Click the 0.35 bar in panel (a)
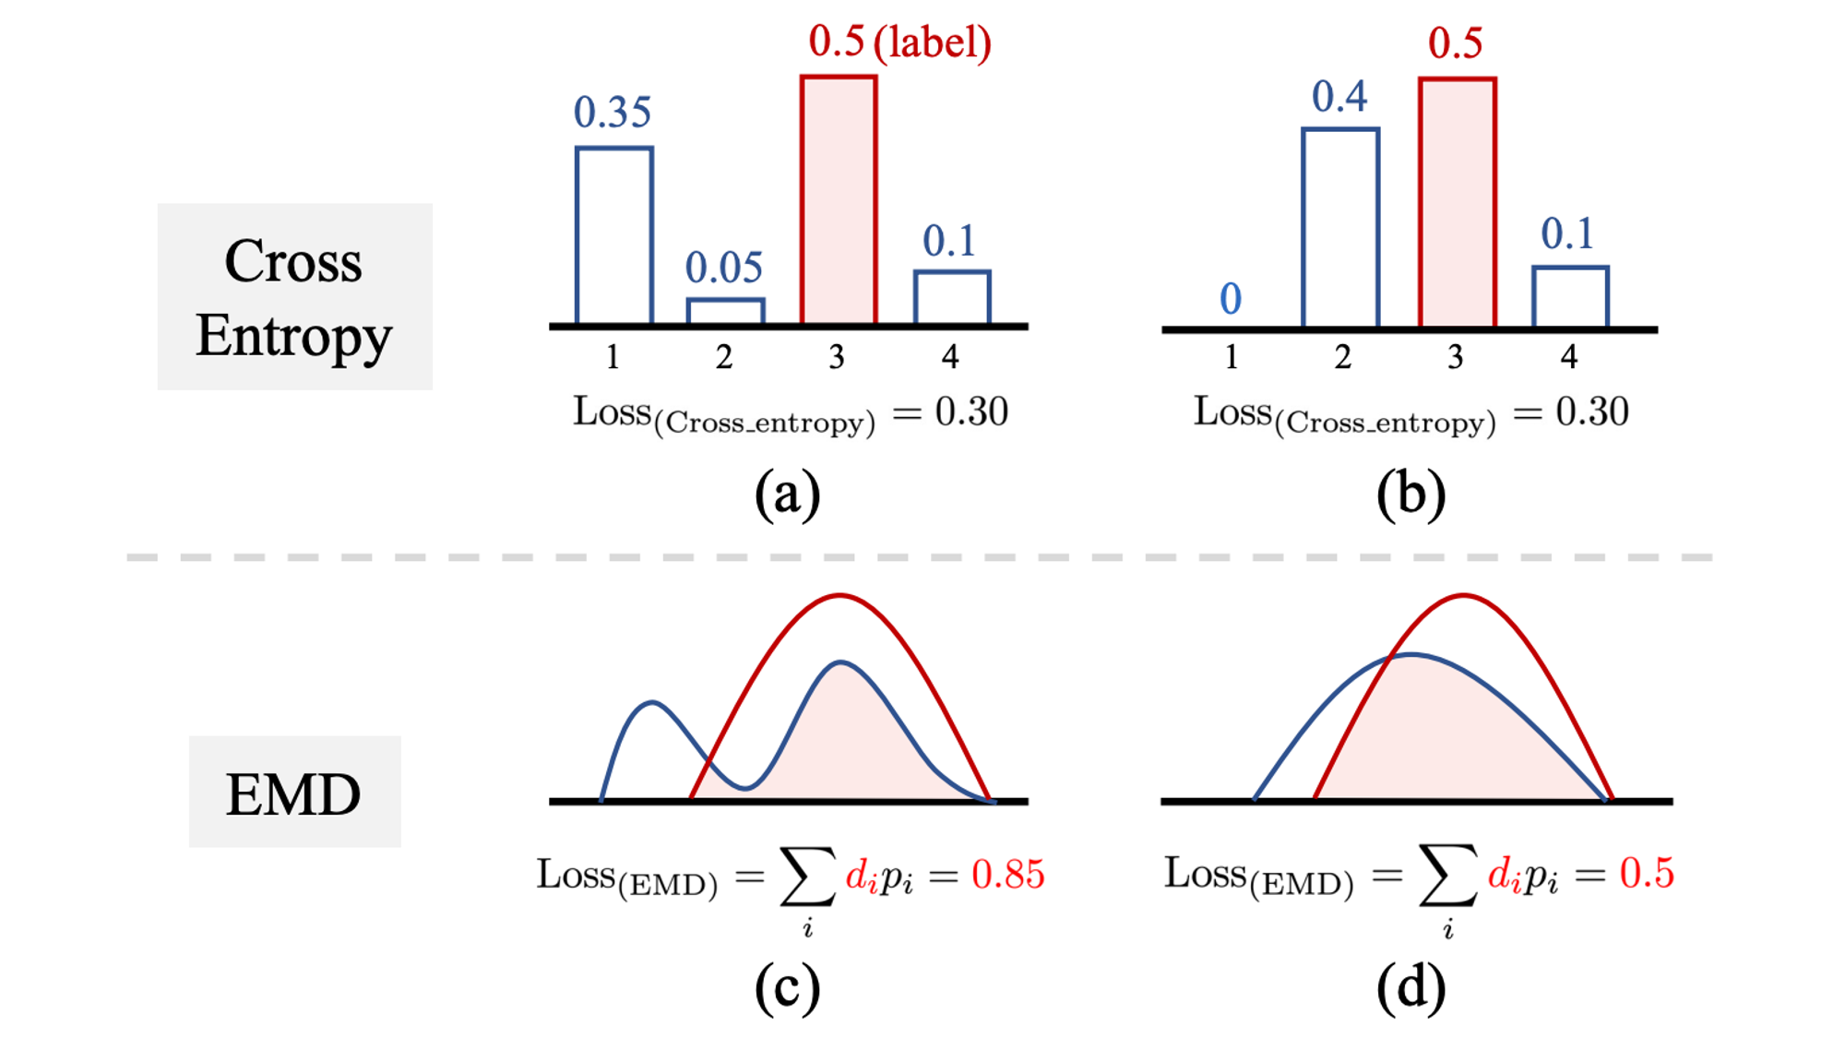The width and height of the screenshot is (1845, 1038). click(613, 235)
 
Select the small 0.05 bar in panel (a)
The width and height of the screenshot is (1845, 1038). click(725, 311)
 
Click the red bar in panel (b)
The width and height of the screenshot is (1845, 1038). click(1457, 203)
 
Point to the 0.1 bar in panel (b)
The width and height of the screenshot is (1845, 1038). click(1570, 296)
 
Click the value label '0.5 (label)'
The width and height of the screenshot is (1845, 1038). click(899, 42)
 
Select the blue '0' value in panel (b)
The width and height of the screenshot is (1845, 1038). click(1231, 299)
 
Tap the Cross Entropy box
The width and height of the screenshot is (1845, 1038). click(294, 296)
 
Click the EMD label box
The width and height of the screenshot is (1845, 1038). click(294, 792)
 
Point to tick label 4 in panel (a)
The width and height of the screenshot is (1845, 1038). click(950, 357)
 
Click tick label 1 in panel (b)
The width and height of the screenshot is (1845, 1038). click(1231, 357)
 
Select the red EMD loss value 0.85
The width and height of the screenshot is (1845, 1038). click(1007, 874)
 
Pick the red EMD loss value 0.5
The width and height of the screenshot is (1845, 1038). click(1646, 873)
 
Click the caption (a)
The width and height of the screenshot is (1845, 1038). click(787, 495)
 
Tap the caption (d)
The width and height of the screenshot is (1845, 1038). click(1411, 988)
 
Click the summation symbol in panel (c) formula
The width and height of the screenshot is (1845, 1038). click(807, 875)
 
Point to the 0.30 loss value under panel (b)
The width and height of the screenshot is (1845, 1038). click(1591, 412)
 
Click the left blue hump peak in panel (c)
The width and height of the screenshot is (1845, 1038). click(652, 704)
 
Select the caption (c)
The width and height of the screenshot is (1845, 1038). click(787, 988)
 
